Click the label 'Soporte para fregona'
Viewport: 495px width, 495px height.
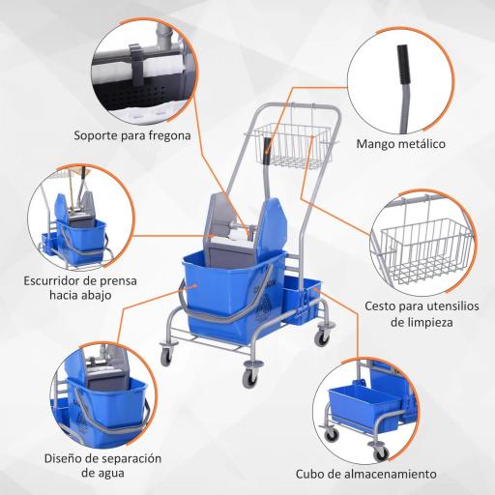(x=131, y=136)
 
